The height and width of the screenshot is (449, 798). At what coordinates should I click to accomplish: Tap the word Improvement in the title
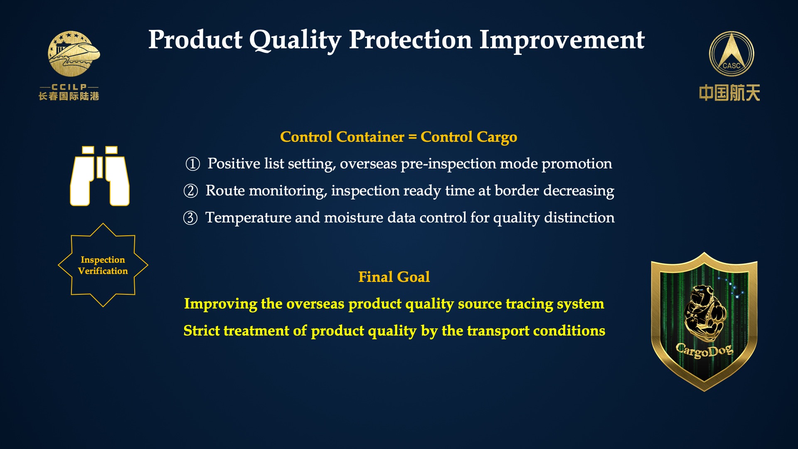tap(562, 40)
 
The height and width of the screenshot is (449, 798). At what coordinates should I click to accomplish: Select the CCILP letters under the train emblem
tap(69, 87)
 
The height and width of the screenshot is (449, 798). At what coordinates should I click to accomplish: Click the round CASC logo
tap(731, 54)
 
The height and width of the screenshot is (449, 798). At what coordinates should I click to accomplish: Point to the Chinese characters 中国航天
tap(729, 93)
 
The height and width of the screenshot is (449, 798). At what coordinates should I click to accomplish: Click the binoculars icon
tap(100, 176)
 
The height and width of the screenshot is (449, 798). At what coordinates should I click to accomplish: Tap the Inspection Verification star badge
tap(103, 265)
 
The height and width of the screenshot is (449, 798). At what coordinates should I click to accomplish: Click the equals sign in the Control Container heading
tap(412, 137)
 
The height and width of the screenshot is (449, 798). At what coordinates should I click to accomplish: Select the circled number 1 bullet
tap(192, 164)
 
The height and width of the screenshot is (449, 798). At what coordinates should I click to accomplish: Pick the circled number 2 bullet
tap(191, 191)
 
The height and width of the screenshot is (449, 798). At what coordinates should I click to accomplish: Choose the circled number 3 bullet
tap(190, 218)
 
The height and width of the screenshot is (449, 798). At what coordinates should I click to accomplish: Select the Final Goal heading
tap(394, 277)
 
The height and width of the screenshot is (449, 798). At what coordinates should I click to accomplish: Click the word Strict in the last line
tap(202, 331)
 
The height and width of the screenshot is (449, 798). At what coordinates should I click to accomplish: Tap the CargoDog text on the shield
tap(704, 350)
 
